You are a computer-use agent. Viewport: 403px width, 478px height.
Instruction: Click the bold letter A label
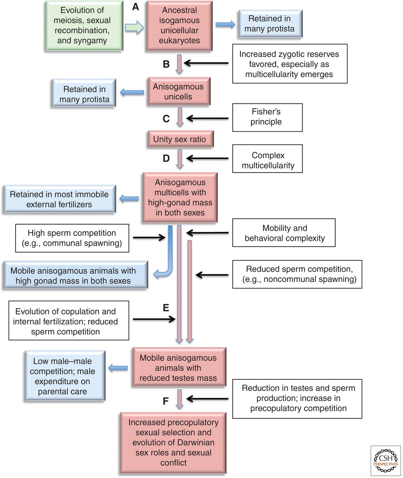135,7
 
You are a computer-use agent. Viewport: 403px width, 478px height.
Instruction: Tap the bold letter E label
166,308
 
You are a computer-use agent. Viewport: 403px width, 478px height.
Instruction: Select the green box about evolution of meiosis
84,25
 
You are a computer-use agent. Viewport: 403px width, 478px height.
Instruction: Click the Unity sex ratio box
181,139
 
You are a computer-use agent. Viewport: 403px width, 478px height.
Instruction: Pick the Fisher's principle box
268,117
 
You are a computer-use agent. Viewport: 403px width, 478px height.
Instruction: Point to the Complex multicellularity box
268,158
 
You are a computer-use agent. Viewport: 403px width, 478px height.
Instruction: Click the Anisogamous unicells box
179,91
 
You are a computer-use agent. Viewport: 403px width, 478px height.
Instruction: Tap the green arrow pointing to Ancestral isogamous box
134,28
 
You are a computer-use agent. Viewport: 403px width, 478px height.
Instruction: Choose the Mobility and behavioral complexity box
284,233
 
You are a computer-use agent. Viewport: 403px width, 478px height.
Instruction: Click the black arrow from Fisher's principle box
207,118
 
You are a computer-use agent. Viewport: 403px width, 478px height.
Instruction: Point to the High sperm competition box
72,238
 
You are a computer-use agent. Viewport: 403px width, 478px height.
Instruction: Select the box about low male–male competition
65,376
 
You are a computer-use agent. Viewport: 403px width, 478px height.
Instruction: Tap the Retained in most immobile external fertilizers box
59,199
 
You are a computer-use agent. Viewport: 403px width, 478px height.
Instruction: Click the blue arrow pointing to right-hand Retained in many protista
225,25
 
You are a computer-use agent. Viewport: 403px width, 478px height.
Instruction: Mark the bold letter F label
166,401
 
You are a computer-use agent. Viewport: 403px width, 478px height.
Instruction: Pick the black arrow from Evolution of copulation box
154,319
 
